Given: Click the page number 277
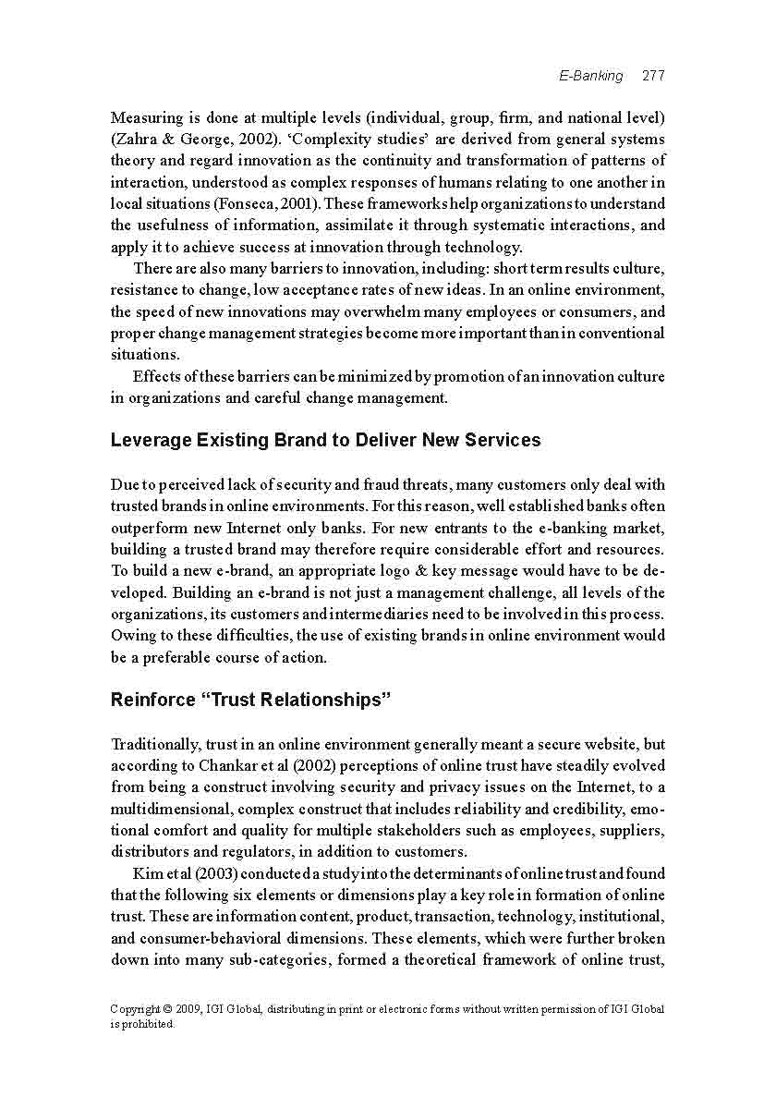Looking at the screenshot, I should (x=653, y=76).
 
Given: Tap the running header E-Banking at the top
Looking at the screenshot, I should (x=591, y=76).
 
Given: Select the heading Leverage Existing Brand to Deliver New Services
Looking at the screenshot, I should (x=325, y=440).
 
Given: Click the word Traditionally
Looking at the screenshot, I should (x=154, y=744).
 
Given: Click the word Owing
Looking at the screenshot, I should (x=133, y=636).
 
